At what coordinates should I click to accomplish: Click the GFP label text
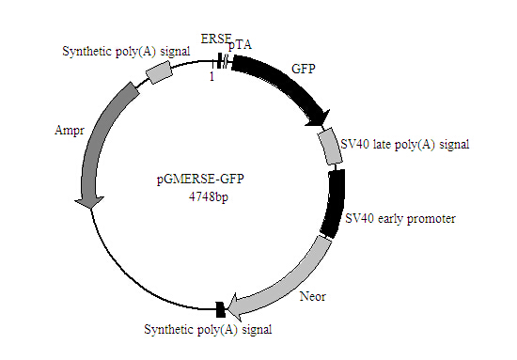(303, 70)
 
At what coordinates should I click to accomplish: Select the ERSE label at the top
(215, 38)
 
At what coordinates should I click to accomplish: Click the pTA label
(239, 45)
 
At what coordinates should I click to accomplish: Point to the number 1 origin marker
(212, 78)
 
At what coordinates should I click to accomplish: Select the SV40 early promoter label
(400, 219)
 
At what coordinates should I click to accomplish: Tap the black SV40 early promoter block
(334, 202)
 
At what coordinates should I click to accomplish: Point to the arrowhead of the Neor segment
(236, 305)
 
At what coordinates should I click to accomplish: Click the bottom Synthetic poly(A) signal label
(207, 329)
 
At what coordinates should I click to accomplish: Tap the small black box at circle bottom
(220, 308)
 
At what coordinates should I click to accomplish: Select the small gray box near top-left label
(160, 72)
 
